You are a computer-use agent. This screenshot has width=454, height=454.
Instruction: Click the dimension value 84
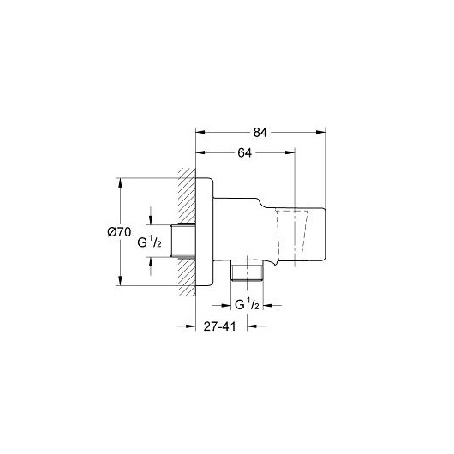pos(260,133)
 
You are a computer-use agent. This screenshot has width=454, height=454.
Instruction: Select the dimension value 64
pos(245,152)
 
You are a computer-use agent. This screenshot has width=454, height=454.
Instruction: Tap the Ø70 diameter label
pos(119,232)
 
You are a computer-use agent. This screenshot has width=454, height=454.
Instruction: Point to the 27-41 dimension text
pos(220,326)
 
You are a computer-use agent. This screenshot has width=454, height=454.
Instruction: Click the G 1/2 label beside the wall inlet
pos(149,242)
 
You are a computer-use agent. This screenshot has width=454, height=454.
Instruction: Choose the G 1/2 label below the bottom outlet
pos(247,304)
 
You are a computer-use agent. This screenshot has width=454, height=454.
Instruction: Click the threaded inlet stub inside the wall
pos(182,241)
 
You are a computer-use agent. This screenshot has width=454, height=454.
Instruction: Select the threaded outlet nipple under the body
pos(247,270)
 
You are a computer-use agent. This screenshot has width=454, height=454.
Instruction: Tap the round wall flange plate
pos(205,232)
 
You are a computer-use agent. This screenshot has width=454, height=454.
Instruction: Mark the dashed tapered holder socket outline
pos(291,233)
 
